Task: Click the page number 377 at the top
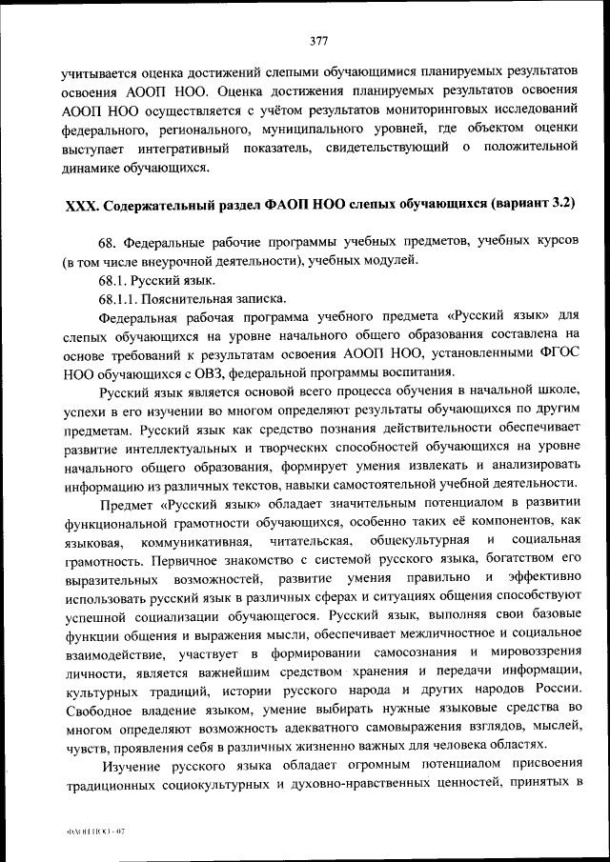[319, 41]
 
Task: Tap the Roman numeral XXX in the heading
[79, 206]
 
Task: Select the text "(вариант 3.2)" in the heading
[534, 206]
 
